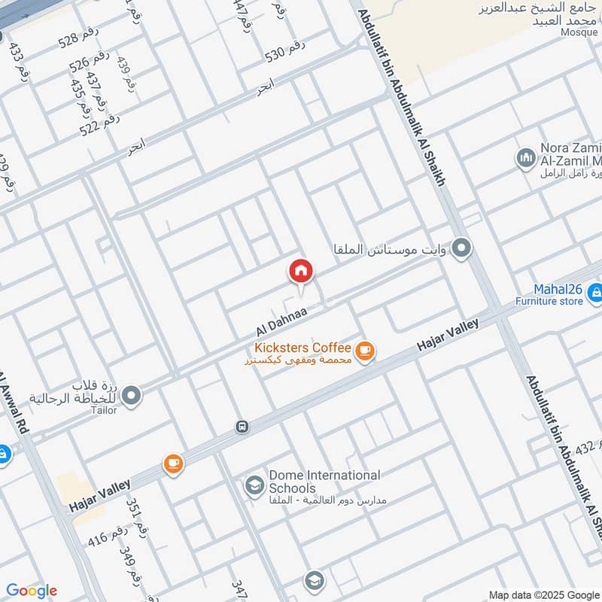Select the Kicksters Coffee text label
[x=303, y=348]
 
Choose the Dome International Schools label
[x=324, y=482]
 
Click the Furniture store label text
[x=549, y=301]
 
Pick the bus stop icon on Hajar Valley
[x=242, y=427]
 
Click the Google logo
[x=32, y=591]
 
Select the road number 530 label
[x=285, y=51]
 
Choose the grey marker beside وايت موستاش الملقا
[x=463, y=248]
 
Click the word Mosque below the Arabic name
[x=579, y=32]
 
